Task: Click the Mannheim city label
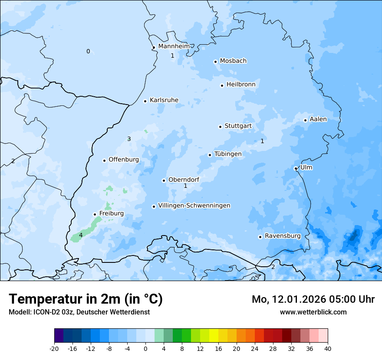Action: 174,46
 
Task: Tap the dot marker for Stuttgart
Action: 220,127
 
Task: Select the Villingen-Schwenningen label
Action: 194,206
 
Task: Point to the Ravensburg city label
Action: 283,236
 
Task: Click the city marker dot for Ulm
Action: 296,168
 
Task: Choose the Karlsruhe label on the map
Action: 164,100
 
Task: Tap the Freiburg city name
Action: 112,213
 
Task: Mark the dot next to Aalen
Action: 305,120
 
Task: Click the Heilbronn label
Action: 241,85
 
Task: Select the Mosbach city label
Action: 233,61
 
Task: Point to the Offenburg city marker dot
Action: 104,160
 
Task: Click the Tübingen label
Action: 228,154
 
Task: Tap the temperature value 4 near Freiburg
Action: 81,235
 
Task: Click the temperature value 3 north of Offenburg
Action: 129,139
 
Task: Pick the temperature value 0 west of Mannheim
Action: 88,51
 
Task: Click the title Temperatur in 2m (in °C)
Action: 86,299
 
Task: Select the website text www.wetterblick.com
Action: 313,312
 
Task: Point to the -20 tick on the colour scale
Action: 54,348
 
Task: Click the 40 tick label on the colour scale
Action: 328,348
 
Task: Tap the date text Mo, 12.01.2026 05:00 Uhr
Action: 313,299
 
